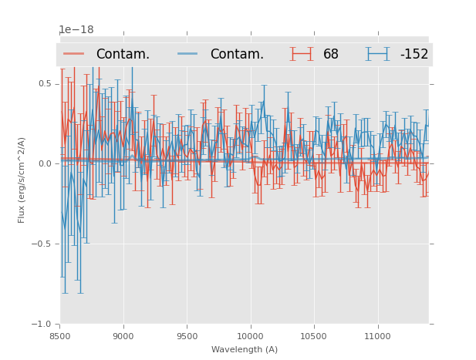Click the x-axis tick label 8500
click(59, 336)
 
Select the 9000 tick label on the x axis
click(123, 336)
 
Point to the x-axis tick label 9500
click(187, 336)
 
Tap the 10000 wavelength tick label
click(250, 336)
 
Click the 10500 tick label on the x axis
click(314, 336)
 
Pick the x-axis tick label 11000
click(377, 336)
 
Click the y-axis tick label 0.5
click(44, 84)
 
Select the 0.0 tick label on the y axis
click(44, 164)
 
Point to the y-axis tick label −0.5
click(42, 244)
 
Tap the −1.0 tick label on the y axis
click(42, 325)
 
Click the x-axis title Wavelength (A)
click(245, 349)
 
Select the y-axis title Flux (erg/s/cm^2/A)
click(22, 180)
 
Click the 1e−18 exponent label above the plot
click(76, 30)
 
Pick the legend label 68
click(331, 55)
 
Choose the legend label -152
click(414, 55)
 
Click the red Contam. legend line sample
click(74, 54)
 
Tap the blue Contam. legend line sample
click(188, 54)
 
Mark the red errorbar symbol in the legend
click(302, 54)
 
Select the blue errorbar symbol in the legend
click(377, 54)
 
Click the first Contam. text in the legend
click(123, 55)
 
